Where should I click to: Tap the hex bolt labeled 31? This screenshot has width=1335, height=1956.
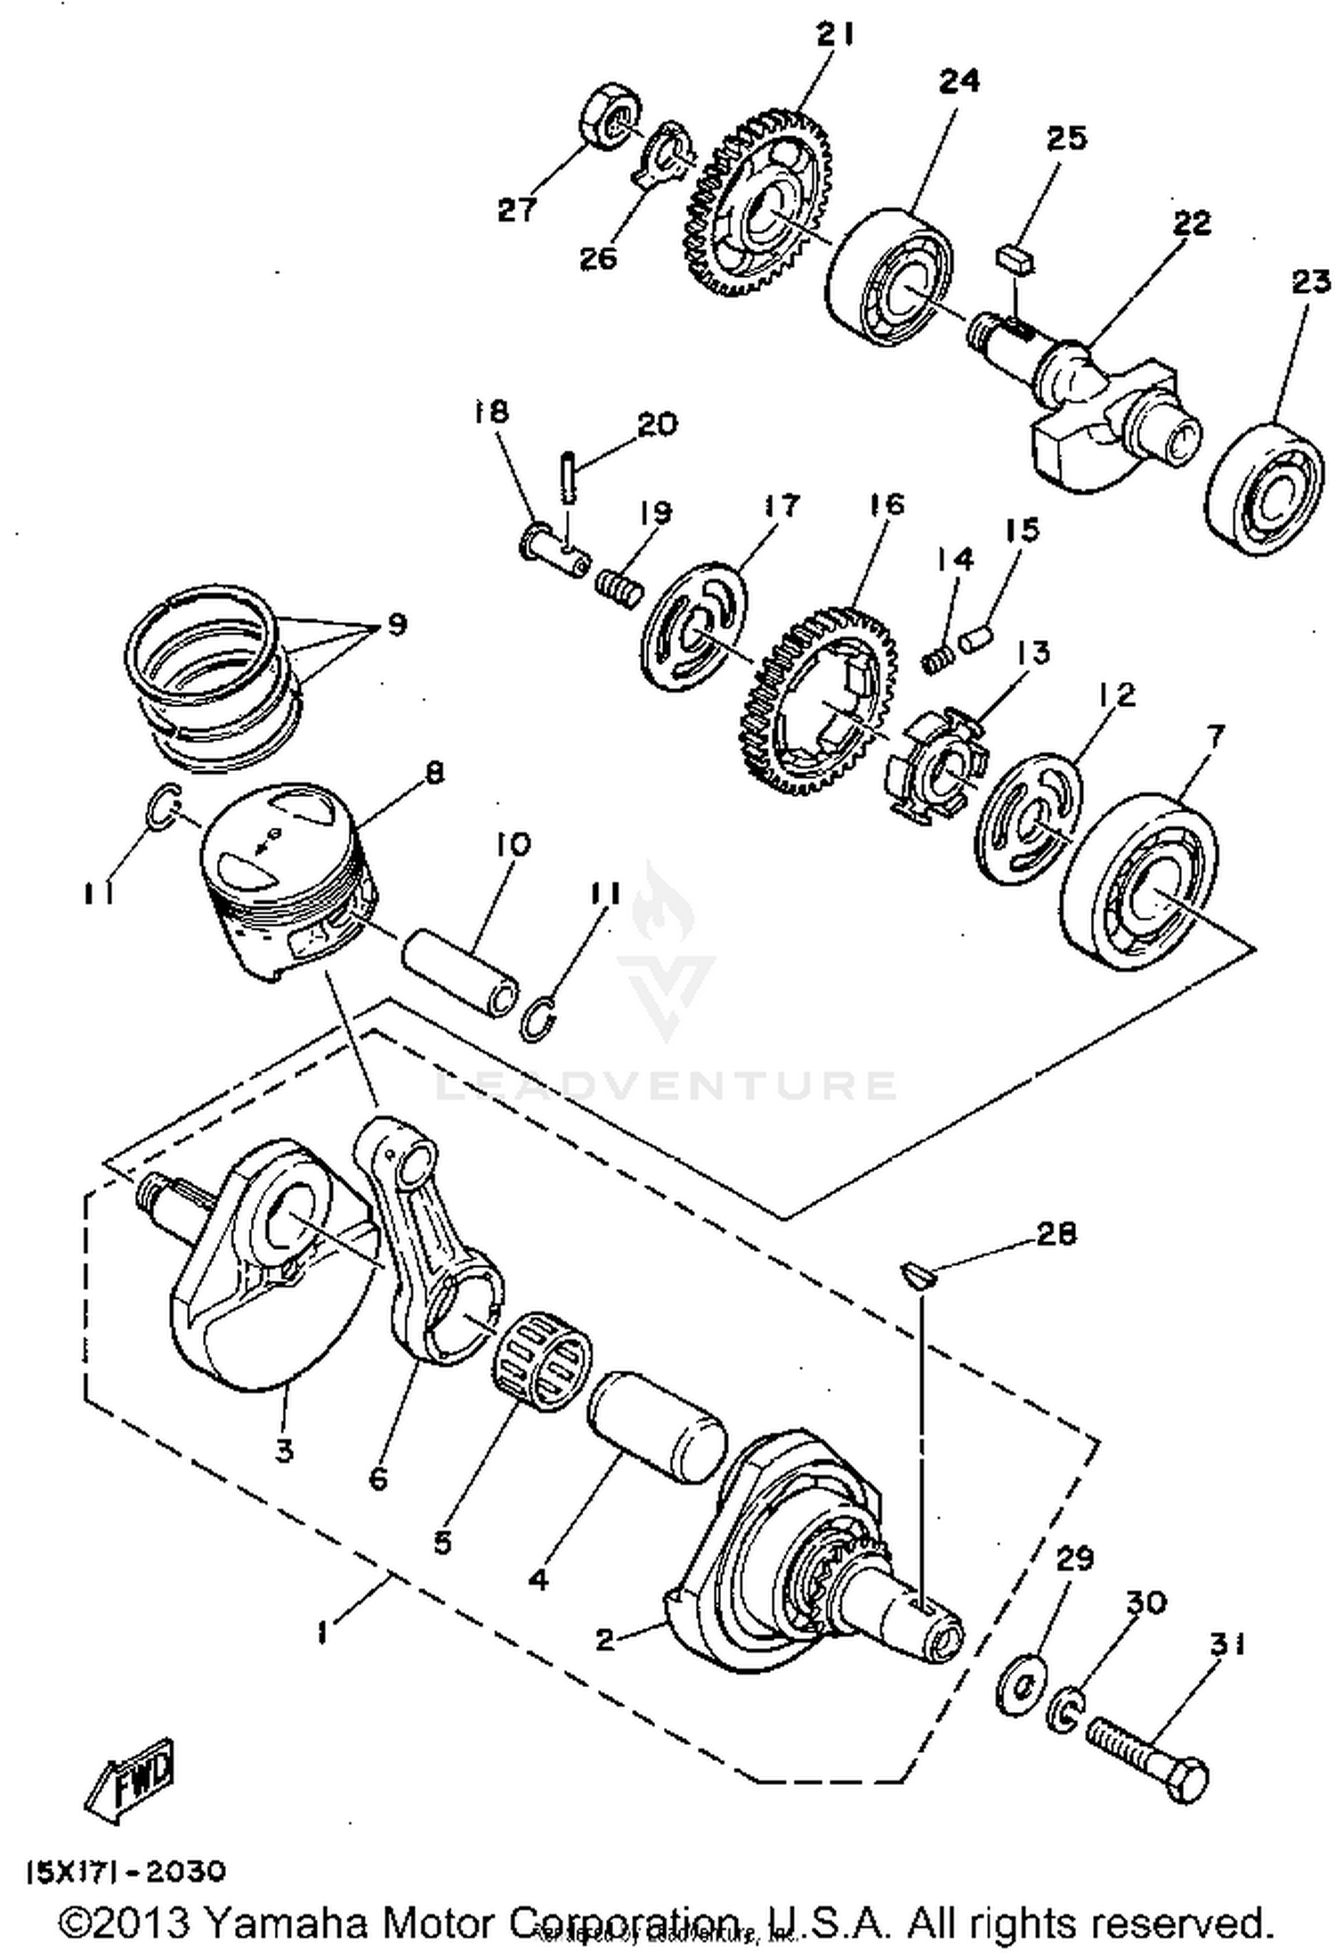[1148, 1755]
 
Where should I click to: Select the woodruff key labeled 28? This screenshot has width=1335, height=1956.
[918, 1275]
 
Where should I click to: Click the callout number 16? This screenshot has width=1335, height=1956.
[886, 505]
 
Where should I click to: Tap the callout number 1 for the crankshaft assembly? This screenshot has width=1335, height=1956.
[320, 1634]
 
